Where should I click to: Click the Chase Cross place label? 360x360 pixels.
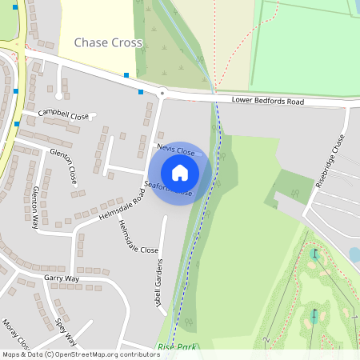click(107, 42)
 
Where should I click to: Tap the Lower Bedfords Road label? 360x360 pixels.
click(268, 102)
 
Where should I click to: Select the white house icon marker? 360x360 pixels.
click(180, 173)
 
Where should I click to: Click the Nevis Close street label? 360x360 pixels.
click(176, 149)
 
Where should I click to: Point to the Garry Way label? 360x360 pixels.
click(62, 278)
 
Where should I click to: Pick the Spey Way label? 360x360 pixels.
click(66, 330)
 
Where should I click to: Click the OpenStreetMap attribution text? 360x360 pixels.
click(80, 354)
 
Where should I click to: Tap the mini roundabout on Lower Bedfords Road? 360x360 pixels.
click(162, 93)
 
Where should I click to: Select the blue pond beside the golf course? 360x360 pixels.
click(354, 254)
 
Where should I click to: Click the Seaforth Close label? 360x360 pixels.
click(170, 190)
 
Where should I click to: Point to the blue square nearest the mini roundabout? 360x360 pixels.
click(141, 92)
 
